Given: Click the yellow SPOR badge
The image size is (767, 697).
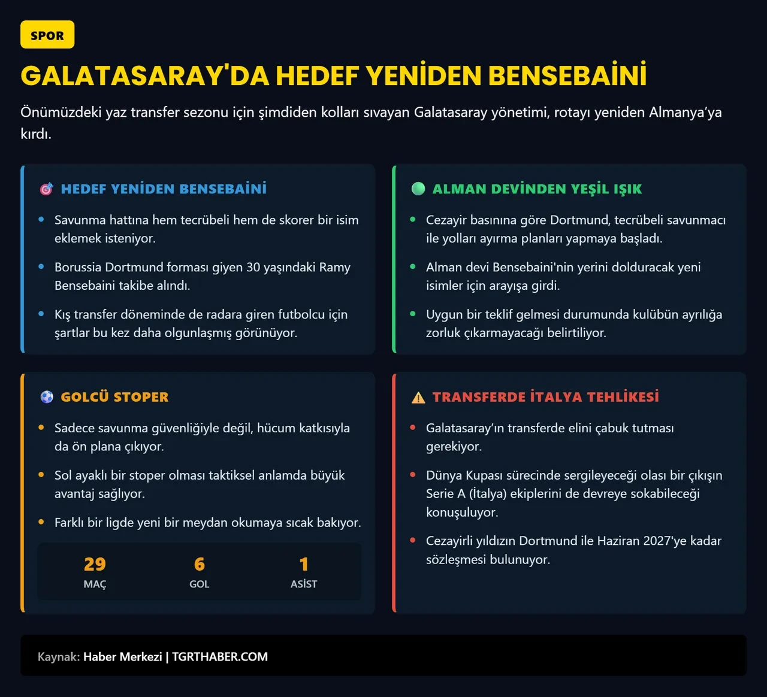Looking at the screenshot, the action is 47,35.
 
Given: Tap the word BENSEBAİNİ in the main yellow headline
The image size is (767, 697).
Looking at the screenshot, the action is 567,76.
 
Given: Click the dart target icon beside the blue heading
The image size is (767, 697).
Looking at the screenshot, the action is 47,189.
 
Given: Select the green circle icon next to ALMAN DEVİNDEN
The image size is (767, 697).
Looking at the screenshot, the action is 418,189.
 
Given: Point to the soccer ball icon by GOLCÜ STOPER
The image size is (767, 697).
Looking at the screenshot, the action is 47,397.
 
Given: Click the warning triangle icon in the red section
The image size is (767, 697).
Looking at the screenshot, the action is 418,398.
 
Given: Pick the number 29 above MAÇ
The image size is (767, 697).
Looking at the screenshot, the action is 95,564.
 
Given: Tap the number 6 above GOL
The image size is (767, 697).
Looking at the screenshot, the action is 200,564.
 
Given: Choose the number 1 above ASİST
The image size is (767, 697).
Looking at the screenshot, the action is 304,564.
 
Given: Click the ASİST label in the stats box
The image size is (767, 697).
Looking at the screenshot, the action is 304,584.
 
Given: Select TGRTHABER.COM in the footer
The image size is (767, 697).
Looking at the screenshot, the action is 220,657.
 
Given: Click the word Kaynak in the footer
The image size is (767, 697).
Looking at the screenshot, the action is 58,657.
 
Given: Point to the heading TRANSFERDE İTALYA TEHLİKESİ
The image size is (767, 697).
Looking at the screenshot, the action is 545,397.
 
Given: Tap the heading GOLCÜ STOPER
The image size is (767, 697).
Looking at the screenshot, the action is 114,397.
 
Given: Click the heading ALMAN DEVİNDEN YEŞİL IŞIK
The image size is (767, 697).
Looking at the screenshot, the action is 537,189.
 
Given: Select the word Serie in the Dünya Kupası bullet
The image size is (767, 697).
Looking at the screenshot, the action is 439,493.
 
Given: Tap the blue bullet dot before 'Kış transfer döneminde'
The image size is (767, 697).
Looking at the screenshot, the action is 41,314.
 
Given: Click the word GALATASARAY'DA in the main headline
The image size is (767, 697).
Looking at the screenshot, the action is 144,76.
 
